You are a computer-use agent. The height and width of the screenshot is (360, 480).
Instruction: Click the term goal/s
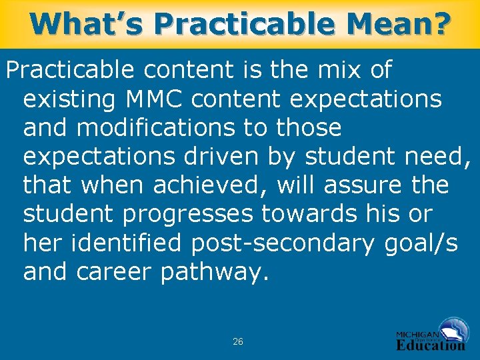(x=421, y=243)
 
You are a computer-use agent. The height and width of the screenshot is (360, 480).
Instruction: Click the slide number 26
(x=238, y=341)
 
